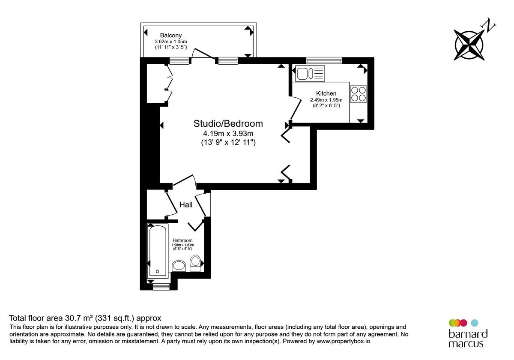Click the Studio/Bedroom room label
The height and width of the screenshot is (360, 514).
[x=228, y=123]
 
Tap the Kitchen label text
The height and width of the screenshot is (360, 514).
[x=326, y=93]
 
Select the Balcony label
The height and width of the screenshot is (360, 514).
[x=171, y=35]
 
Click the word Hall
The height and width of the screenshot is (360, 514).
[x=186, y=205]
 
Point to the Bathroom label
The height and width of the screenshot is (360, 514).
[x=182, y=240]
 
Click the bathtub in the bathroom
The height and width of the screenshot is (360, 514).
[x=158, y=250]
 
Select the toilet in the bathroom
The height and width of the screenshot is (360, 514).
[x=195, y=263]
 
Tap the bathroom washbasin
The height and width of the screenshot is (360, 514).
[x=178, y=266]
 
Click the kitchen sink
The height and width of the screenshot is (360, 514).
[x=310, y=73]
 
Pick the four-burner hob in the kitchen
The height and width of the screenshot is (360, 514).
[x=359, y=94]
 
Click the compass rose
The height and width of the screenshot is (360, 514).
[x=469, y=44]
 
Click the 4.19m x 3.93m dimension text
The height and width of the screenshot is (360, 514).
[x=228, y=134]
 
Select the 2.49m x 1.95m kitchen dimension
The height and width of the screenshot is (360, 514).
[x=326, y=100]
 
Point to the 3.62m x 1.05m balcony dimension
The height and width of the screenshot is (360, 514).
[x=171, y=42]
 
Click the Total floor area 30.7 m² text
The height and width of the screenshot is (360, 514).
[x=85, y=318]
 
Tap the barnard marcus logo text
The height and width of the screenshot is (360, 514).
[x=468, y=339]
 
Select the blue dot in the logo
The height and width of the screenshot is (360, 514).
[x=474, y=322]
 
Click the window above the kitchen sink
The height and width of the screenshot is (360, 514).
[x=324, y=60]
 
